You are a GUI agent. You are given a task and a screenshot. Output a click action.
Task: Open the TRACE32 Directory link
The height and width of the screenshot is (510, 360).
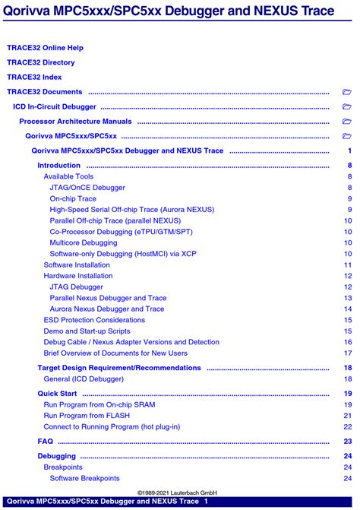[41, 62]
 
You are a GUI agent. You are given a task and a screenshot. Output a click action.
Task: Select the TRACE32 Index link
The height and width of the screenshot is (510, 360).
[34, 77]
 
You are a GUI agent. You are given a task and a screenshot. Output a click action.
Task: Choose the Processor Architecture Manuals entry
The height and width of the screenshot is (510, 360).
[75, 121]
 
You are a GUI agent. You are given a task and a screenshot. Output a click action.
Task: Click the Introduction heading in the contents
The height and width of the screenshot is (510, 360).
[58, 165]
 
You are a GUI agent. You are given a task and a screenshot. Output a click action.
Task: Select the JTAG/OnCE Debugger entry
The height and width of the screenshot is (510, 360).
[87, 187]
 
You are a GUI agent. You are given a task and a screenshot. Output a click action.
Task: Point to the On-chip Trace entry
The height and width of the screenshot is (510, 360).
[73, 198]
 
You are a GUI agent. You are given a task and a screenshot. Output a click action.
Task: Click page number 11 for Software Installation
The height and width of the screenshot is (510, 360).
[348, 265]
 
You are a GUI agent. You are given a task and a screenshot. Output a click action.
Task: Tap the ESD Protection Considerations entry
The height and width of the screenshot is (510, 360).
[94, 320]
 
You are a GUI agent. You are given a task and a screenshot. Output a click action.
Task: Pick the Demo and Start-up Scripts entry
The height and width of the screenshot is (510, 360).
[87, 331]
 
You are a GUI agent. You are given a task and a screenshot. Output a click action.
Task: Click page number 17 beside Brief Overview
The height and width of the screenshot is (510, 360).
[348, 353]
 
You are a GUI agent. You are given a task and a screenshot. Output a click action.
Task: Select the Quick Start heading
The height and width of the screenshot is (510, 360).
[57, 393]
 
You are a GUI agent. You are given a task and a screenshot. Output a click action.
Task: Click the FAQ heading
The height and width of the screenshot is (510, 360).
[46, 441]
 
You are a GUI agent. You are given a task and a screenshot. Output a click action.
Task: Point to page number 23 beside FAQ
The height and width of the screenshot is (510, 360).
[348, 441]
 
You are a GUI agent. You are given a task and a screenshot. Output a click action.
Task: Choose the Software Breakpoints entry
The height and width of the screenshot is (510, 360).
[84, 478]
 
